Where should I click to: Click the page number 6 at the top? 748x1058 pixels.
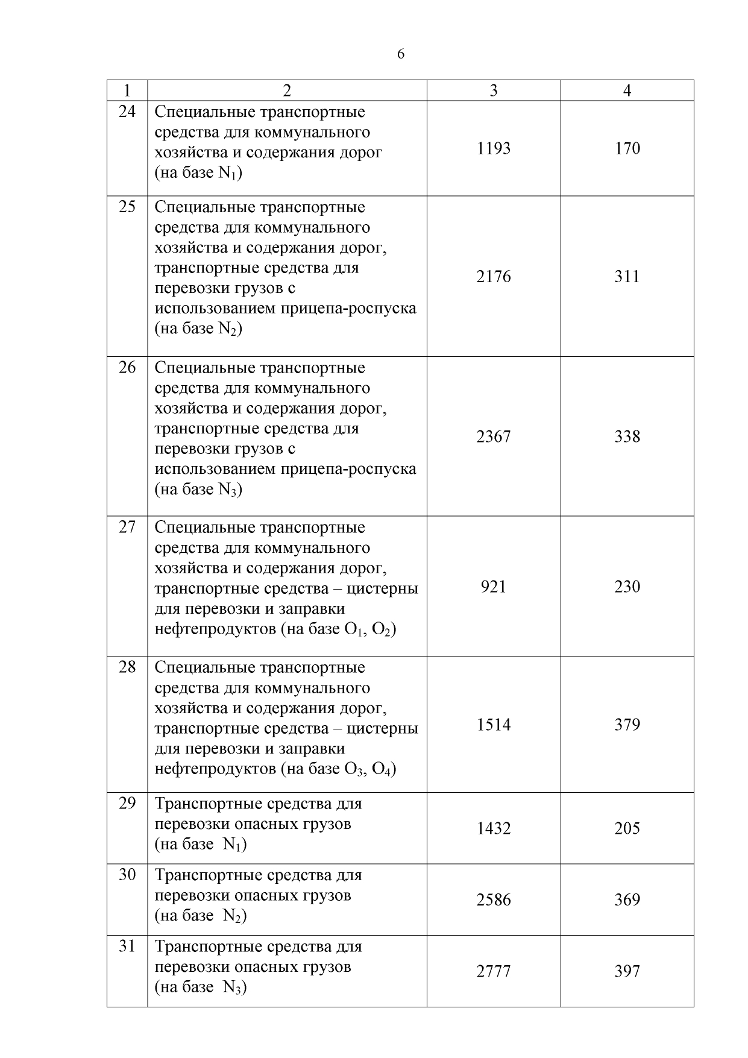click(x=401, y=54)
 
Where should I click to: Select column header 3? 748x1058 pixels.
click(x=494, y=90)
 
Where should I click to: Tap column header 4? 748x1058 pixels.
click(x=627, y=90)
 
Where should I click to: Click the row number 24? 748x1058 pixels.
click(x=127, y=112)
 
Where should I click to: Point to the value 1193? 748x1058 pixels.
click(x=494, y=148)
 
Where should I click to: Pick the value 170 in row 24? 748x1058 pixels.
click(x=627, y=148)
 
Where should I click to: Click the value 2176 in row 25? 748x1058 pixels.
click(x=494, y=277)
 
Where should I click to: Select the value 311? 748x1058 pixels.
click(x=627, y=277)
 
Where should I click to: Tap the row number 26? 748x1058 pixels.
click(x=127, y=367)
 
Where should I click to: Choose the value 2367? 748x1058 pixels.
click(x=494, y=436)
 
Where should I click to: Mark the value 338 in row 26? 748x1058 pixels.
click(x=627, y=436)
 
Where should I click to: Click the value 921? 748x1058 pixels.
click(x=494, y=587)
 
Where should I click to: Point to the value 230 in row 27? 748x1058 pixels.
click(x=627, y=587)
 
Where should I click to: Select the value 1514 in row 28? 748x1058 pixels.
click(x=494, y=725)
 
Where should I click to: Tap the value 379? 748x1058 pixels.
click(x=627, y=725)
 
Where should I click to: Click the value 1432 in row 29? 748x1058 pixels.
click(x=494, y=828)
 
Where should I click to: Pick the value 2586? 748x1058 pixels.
click(x=494, y=900)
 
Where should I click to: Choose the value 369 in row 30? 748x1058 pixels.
click(x=627, y=900)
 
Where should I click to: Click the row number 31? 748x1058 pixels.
click(x=127, y=946)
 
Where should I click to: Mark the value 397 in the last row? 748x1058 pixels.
click(x=627, y=971)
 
